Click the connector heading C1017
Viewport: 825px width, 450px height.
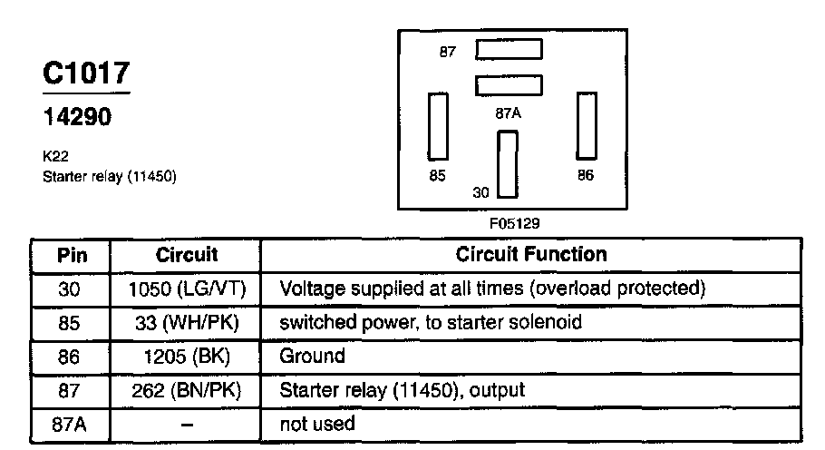[86, 74]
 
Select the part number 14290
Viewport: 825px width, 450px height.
[78, 118]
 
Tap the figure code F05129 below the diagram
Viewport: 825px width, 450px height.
[514, 221]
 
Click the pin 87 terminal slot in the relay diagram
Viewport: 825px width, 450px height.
[509, 49]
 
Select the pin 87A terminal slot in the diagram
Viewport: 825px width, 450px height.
[509, 86]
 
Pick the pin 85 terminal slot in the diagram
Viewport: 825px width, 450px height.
[439, 124]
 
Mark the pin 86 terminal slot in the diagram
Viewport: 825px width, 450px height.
[587, 124]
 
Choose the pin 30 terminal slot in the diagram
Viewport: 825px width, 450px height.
[507, 164]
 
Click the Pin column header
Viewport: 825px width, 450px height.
[72, 254]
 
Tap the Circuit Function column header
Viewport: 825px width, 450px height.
[531, 254]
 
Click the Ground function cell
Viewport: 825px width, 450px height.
[313, 356]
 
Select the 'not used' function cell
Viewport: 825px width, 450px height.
[318, 424]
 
